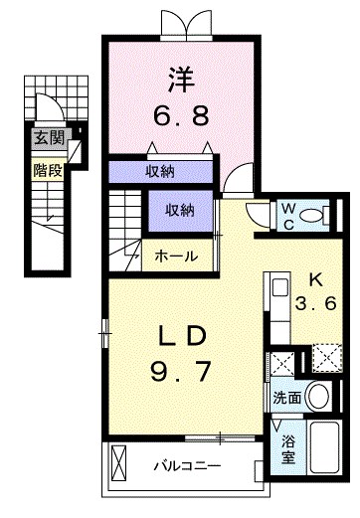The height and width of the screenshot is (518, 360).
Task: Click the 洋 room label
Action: point(181,80)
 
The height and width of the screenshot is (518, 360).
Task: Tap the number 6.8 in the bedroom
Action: point(181,115)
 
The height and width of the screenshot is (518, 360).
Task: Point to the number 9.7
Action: point(181,371)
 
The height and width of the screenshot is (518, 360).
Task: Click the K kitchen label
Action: point(316,281)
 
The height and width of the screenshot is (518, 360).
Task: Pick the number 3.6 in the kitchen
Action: point(316,303)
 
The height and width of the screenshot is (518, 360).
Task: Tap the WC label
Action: point(288,217)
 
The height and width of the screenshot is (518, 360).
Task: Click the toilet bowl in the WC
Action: point(314,216)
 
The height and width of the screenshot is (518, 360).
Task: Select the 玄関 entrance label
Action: point(50,138)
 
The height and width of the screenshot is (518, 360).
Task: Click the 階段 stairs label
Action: point(48,170)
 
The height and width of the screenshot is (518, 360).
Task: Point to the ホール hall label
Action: point(176,256)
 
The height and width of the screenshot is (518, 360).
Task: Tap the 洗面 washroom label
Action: point(287,398)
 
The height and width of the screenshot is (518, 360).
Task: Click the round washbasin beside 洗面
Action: point(318,397)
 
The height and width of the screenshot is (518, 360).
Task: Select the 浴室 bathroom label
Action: point(288,448)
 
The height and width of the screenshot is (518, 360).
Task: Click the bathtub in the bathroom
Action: point(325,447)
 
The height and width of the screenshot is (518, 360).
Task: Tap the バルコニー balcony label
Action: point(187,466)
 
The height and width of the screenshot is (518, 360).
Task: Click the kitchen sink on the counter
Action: point(280,288)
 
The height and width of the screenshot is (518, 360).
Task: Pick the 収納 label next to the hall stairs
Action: point(180,211)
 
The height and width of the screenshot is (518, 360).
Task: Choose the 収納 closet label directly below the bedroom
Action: point(160,171)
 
